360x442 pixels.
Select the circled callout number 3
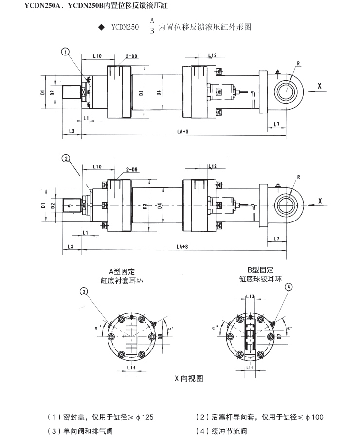[x=84, y=292]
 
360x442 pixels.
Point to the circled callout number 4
[x=289, y=287]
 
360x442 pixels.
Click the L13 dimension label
[x=251, y=296]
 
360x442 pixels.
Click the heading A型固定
[x=122, y=271]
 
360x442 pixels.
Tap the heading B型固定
[x=260, y=270]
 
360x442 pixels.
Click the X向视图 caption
[x=189, y=378]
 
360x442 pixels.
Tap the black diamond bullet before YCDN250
[x=101, y=28]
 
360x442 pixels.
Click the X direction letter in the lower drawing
[x=320, y=201]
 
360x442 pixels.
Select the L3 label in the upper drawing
[x=72, y=131]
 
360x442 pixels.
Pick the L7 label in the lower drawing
[x=276, y=239]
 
